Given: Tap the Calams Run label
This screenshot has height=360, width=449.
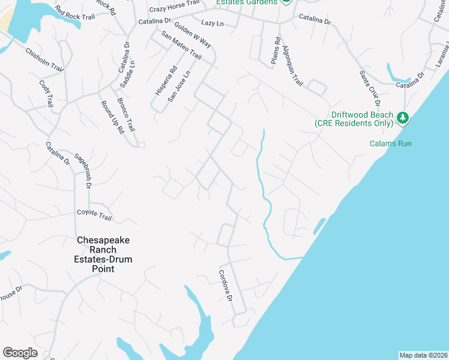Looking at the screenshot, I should pyautogui.click(x=390, y=143).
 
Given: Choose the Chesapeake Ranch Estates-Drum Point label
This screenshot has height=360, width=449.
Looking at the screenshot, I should pyautogui.click(x=103, y=254).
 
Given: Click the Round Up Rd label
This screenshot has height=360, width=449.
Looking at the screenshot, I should pyautogui.click(x=111, y=116).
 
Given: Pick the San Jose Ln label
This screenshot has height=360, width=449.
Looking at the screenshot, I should pyautogui.click(x=178, y=86).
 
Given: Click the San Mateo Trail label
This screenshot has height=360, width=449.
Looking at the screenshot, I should pyautogui.click(x=181, y=45).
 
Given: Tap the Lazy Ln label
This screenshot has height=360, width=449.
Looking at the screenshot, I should pyautogui.click(x=212, y=23).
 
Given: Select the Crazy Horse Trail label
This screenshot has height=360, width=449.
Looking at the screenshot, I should pyautogui.click(x=174, y=7).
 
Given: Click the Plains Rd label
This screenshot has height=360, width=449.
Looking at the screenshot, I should pyautogui.click(x=276, y=50).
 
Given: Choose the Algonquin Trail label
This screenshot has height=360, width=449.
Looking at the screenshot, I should pyautogui.click(x=293, y=66).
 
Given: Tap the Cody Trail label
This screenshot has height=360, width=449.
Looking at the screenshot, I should pyautogui.click(x=46, y=94).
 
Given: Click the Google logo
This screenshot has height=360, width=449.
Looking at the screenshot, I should pyautogui.click(x=20, y=353).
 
